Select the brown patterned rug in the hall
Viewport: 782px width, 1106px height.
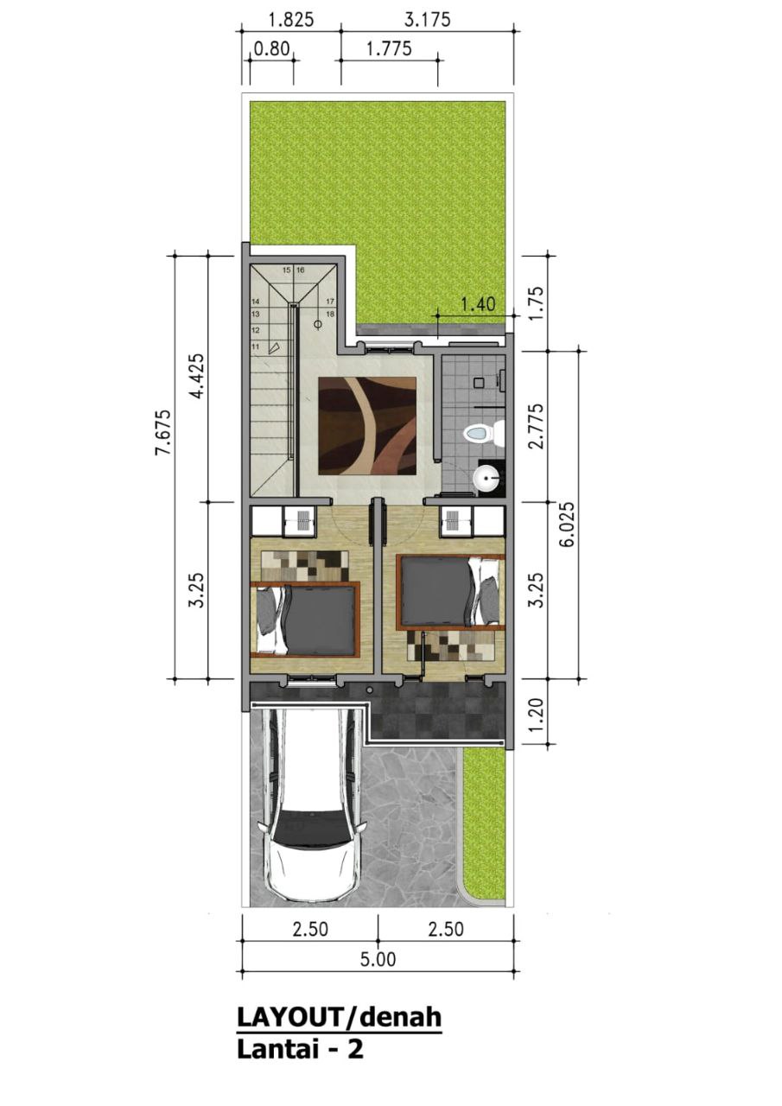point(367,426)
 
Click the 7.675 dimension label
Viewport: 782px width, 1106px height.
point(164,433)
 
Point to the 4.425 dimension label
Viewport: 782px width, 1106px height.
point(198,376)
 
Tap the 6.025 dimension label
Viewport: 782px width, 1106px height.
point(569,524)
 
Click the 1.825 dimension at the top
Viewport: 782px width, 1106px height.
point(290,20)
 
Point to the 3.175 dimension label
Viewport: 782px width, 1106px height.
point(428,20)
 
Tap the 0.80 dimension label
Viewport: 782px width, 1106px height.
point(271,49)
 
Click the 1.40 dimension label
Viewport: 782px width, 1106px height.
point(477,304)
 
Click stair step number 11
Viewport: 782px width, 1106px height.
point(255,346)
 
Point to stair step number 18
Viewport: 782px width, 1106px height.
point(330,314)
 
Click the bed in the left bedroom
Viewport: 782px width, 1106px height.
point(305,620)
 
